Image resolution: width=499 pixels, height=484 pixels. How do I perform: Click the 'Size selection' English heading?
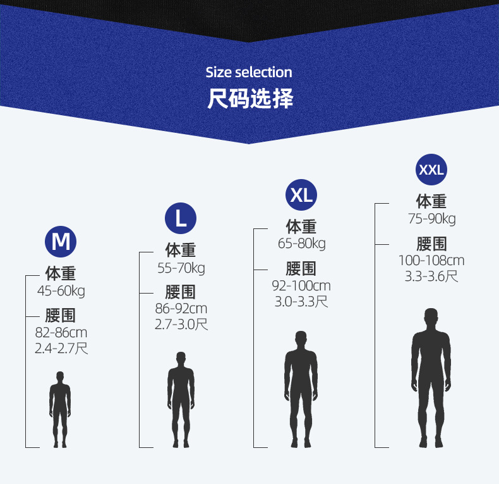tap(249, 72)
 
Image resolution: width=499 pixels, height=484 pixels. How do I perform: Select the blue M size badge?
tap(61, 241)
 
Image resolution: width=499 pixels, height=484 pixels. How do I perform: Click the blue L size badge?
tap(181, 218)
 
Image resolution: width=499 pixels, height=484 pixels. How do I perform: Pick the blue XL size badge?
tap(301, 195)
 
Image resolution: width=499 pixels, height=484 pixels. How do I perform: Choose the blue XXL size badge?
tap(431, 170)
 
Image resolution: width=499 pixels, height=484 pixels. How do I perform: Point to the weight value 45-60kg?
tap(61, 291)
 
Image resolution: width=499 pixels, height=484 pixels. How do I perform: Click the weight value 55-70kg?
tap(181, 268)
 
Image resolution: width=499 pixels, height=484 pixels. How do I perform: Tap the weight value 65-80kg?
tap(301, 244)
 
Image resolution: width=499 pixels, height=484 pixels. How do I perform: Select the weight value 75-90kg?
tap(431, 219)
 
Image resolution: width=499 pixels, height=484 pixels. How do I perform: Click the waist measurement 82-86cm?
tap(61, 333)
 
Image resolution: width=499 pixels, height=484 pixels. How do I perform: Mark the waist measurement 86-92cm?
tap(181, 309)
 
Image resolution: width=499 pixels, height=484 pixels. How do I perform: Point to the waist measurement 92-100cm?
tap(301, 286)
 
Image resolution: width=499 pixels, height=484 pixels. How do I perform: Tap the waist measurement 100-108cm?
tap(431, 260)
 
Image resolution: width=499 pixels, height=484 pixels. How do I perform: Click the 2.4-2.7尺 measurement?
tap(61, 348)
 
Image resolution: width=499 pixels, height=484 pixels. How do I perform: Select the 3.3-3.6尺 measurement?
tap(431, 276)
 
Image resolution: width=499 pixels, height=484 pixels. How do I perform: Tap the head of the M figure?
tap(60, 377)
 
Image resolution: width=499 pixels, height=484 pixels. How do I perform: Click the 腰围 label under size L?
tap(181, 292)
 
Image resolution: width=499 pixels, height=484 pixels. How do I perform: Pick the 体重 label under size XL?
tap(301, 226)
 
